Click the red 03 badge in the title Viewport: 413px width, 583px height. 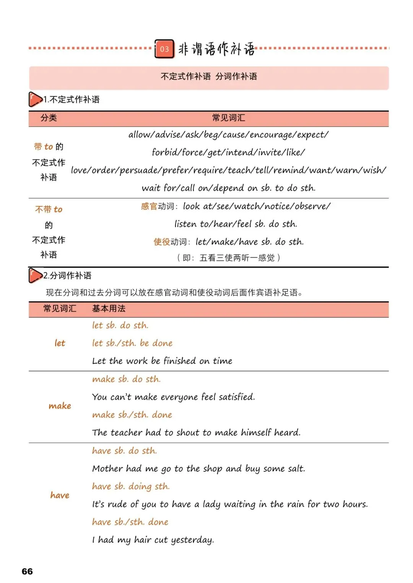[x=164, y=49]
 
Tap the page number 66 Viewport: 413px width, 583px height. [x=27, y=571]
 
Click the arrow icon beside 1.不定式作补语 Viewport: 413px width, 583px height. [x=35, y=99]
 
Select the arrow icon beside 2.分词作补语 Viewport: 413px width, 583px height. [x=35, y=275]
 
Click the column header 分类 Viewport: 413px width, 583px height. [x=49, y=118]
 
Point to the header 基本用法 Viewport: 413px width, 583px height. [x=109, y=309]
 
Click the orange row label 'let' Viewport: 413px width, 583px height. [x=60, y=343]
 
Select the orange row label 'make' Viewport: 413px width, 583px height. [x=60, y=406]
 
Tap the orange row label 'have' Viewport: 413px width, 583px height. [x=60, y=495]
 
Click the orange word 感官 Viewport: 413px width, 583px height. [x=149, y=206]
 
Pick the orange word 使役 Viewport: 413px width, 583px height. [x=161, y=242]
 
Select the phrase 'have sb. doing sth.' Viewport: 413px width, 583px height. [x=131, y=486]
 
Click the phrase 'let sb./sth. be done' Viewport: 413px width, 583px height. [x=132, y=343]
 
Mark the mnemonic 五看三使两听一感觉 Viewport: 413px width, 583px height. [x=237, y=258]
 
